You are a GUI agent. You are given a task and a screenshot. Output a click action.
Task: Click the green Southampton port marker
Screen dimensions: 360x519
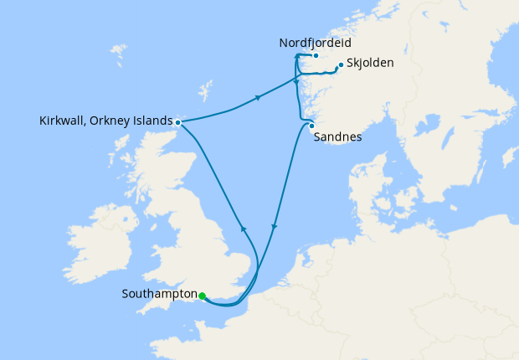(x=203, y=296)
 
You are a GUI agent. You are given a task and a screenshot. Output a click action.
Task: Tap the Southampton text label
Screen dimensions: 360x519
(x=159, y=295)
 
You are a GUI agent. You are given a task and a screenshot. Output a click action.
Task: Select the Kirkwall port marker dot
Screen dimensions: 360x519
(x=178, y=122)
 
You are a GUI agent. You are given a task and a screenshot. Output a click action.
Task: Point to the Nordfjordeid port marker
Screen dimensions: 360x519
(x=316, y=56)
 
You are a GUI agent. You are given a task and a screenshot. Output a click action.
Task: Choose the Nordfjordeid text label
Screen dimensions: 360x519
(x=316, y=42)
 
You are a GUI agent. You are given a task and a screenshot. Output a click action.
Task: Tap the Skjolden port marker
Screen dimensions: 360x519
(x=339, y=65)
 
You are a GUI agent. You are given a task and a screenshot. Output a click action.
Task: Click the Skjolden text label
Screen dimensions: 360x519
(x=369, y=64)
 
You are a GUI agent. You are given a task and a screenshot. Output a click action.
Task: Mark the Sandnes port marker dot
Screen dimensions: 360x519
(x=311, y=127)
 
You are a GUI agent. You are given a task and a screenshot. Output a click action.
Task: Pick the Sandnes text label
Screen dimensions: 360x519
(x=337, y=138)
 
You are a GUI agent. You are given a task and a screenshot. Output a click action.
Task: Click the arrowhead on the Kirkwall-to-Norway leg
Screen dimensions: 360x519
(x=259, y=98)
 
